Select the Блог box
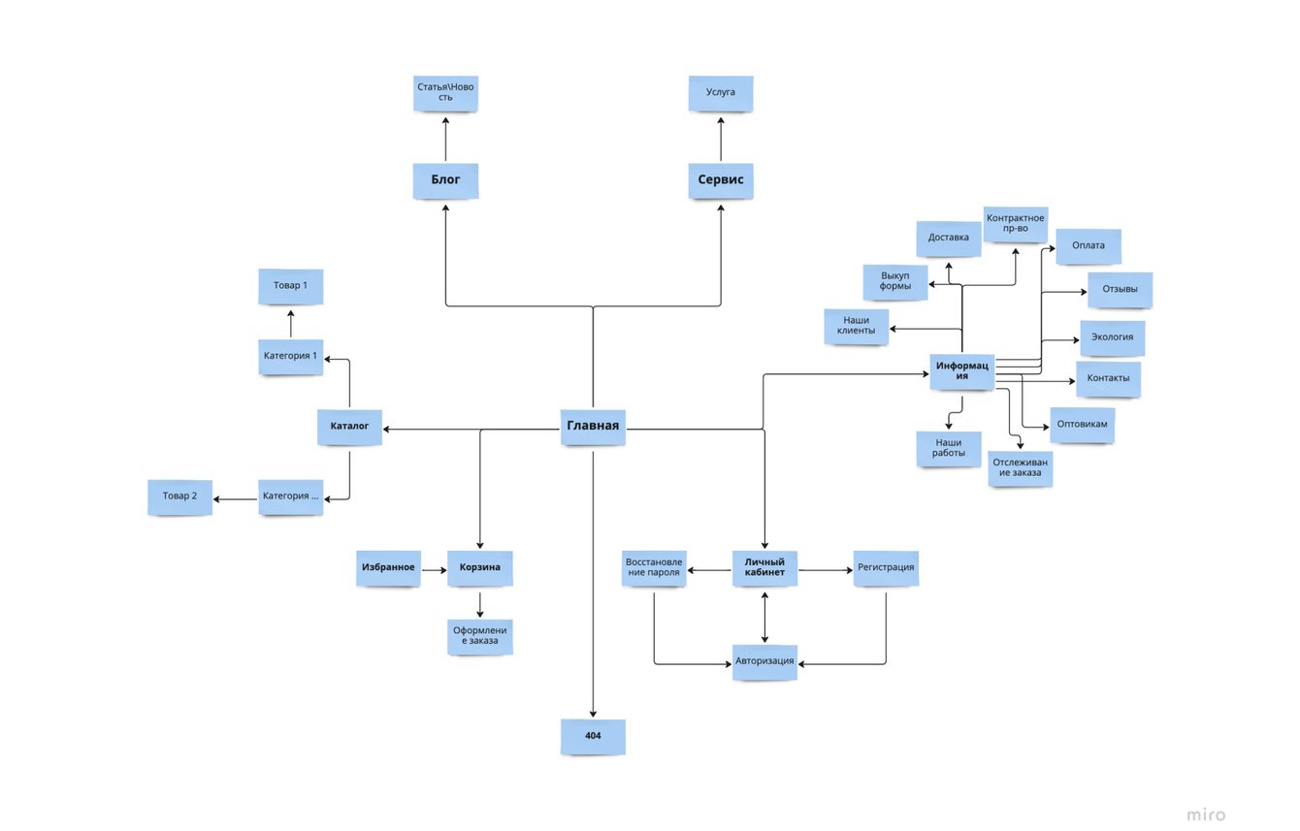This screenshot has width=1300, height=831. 445,180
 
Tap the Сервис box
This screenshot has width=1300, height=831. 721,180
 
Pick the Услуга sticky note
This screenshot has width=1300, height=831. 721,93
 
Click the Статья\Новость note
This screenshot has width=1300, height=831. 446,94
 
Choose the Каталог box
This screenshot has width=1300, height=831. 349,427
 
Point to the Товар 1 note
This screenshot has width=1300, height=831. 290,287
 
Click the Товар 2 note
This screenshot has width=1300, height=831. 179,497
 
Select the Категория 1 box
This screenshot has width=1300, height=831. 290,357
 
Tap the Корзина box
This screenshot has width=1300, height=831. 479,568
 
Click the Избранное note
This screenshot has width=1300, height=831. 388,568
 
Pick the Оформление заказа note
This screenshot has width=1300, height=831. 480,636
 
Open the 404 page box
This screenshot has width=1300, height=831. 593,737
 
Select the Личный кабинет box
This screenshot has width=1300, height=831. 764,568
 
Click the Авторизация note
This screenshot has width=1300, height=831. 764,662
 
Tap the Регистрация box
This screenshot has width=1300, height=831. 886,568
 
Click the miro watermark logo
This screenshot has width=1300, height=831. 1205,815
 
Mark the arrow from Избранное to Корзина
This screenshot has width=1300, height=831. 434,569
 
